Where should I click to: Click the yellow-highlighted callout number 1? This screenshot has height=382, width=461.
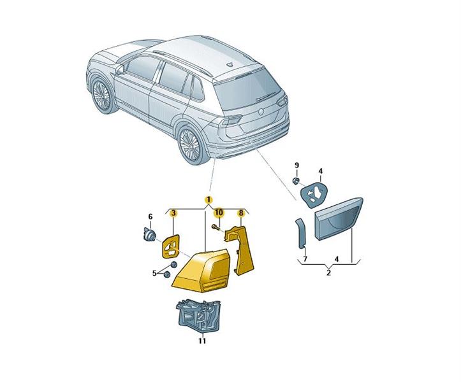coord(208,200)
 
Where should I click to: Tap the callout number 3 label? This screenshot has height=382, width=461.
coord(174,213)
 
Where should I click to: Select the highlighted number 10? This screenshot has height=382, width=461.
coord(219,213)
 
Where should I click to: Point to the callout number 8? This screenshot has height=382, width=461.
coord(241,213)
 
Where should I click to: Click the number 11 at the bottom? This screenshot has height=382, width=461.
coord(202,341)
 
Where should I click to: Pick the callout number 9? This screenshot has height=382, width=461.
coord(296,165)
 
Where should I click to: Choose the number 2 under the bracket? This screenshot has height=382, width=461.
coord(329,272)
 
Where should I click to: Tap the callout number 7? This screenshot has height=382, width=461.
coord(305,258)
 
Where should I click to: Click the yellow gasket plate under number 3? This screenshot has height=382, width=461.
coord(171,246)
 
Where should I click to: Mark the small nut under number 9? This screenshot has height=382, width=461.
coord(296,181)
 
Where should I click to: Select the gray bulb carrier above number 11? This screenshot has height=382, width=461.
coord(199,313)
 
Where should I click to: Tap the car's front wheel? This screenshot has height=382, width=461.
coord(102,95)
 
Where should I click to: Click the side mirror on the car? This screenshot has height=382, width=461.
coord(120,69)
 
